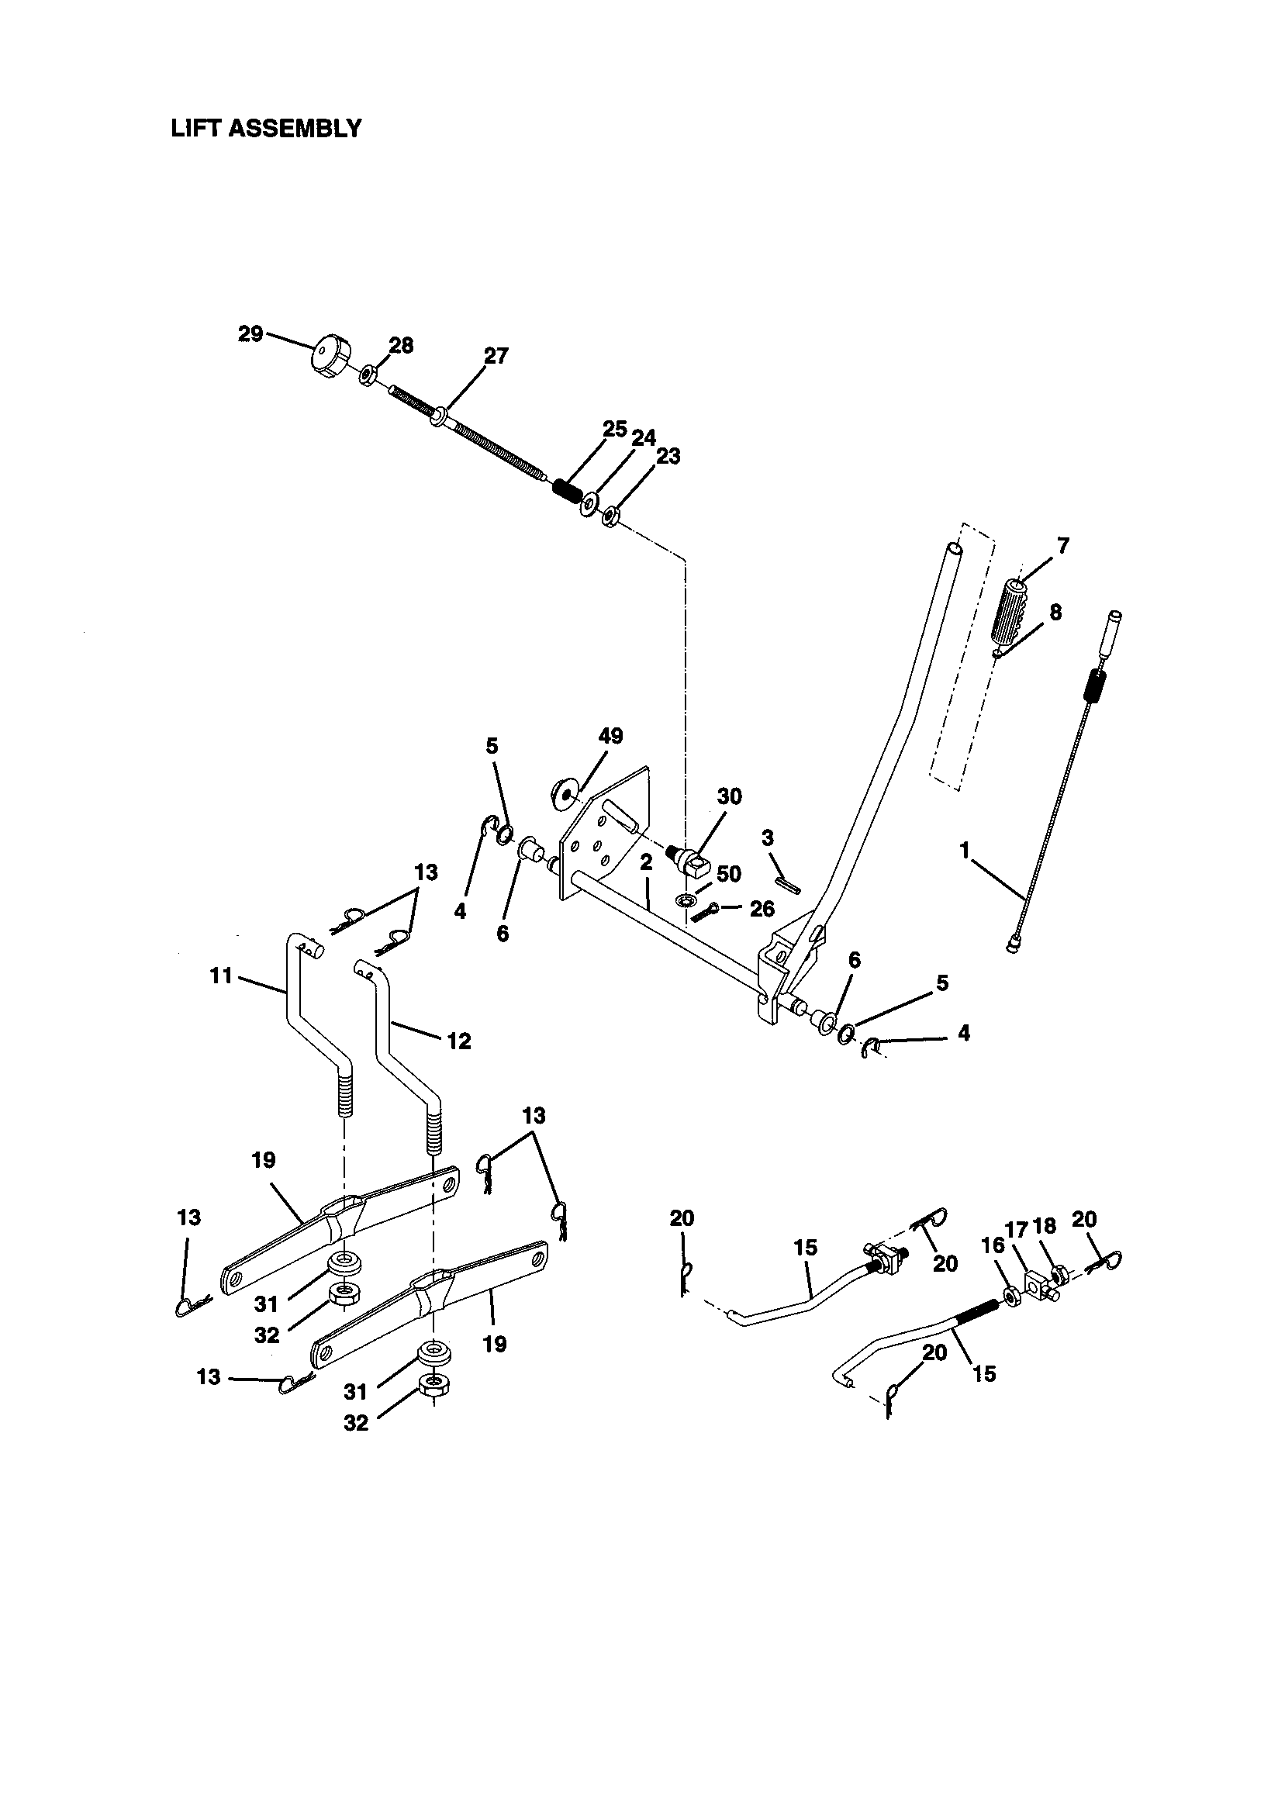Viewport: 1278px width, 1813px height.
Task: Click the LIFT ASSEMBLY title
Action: pyautogui.click(x=266, y=129)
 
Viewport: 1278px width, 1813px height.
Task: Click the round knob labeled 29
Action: pyautogui.click(x=329, y=357)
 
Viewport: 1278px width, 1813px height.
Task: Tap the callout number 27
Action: pyautogui.click(x=496, y=356)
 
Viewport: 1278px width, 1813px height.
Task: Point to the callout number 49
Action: pyautogui.click(x=610, y=736)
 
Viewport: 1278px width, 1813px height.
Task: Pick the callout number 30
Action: pyautogui.click(x=729, y=796)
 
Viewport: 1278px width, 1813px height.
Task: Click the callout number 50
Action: pyautogui.click(x=728, y=874)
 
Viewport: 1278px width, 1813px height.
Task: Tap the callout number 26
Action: pyautogui.click(x=762, y=909)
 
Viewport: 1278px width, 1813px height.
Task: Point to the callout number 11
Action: pyautogui.click(x=221, y=976)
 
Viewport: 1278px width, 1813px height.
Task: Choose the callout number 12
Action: pyautogui.click(x=458, y=1041)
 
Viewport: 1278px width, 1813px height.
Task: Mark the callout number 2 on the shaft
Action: pyautogui.click(x=646, y=863)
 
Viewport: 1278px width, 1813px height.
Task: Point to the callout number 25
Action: pyautogui.click(x=613, y=430)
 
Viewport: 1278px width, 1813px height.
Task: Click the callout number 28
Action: pyautogui.click(x=401, y=345)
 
